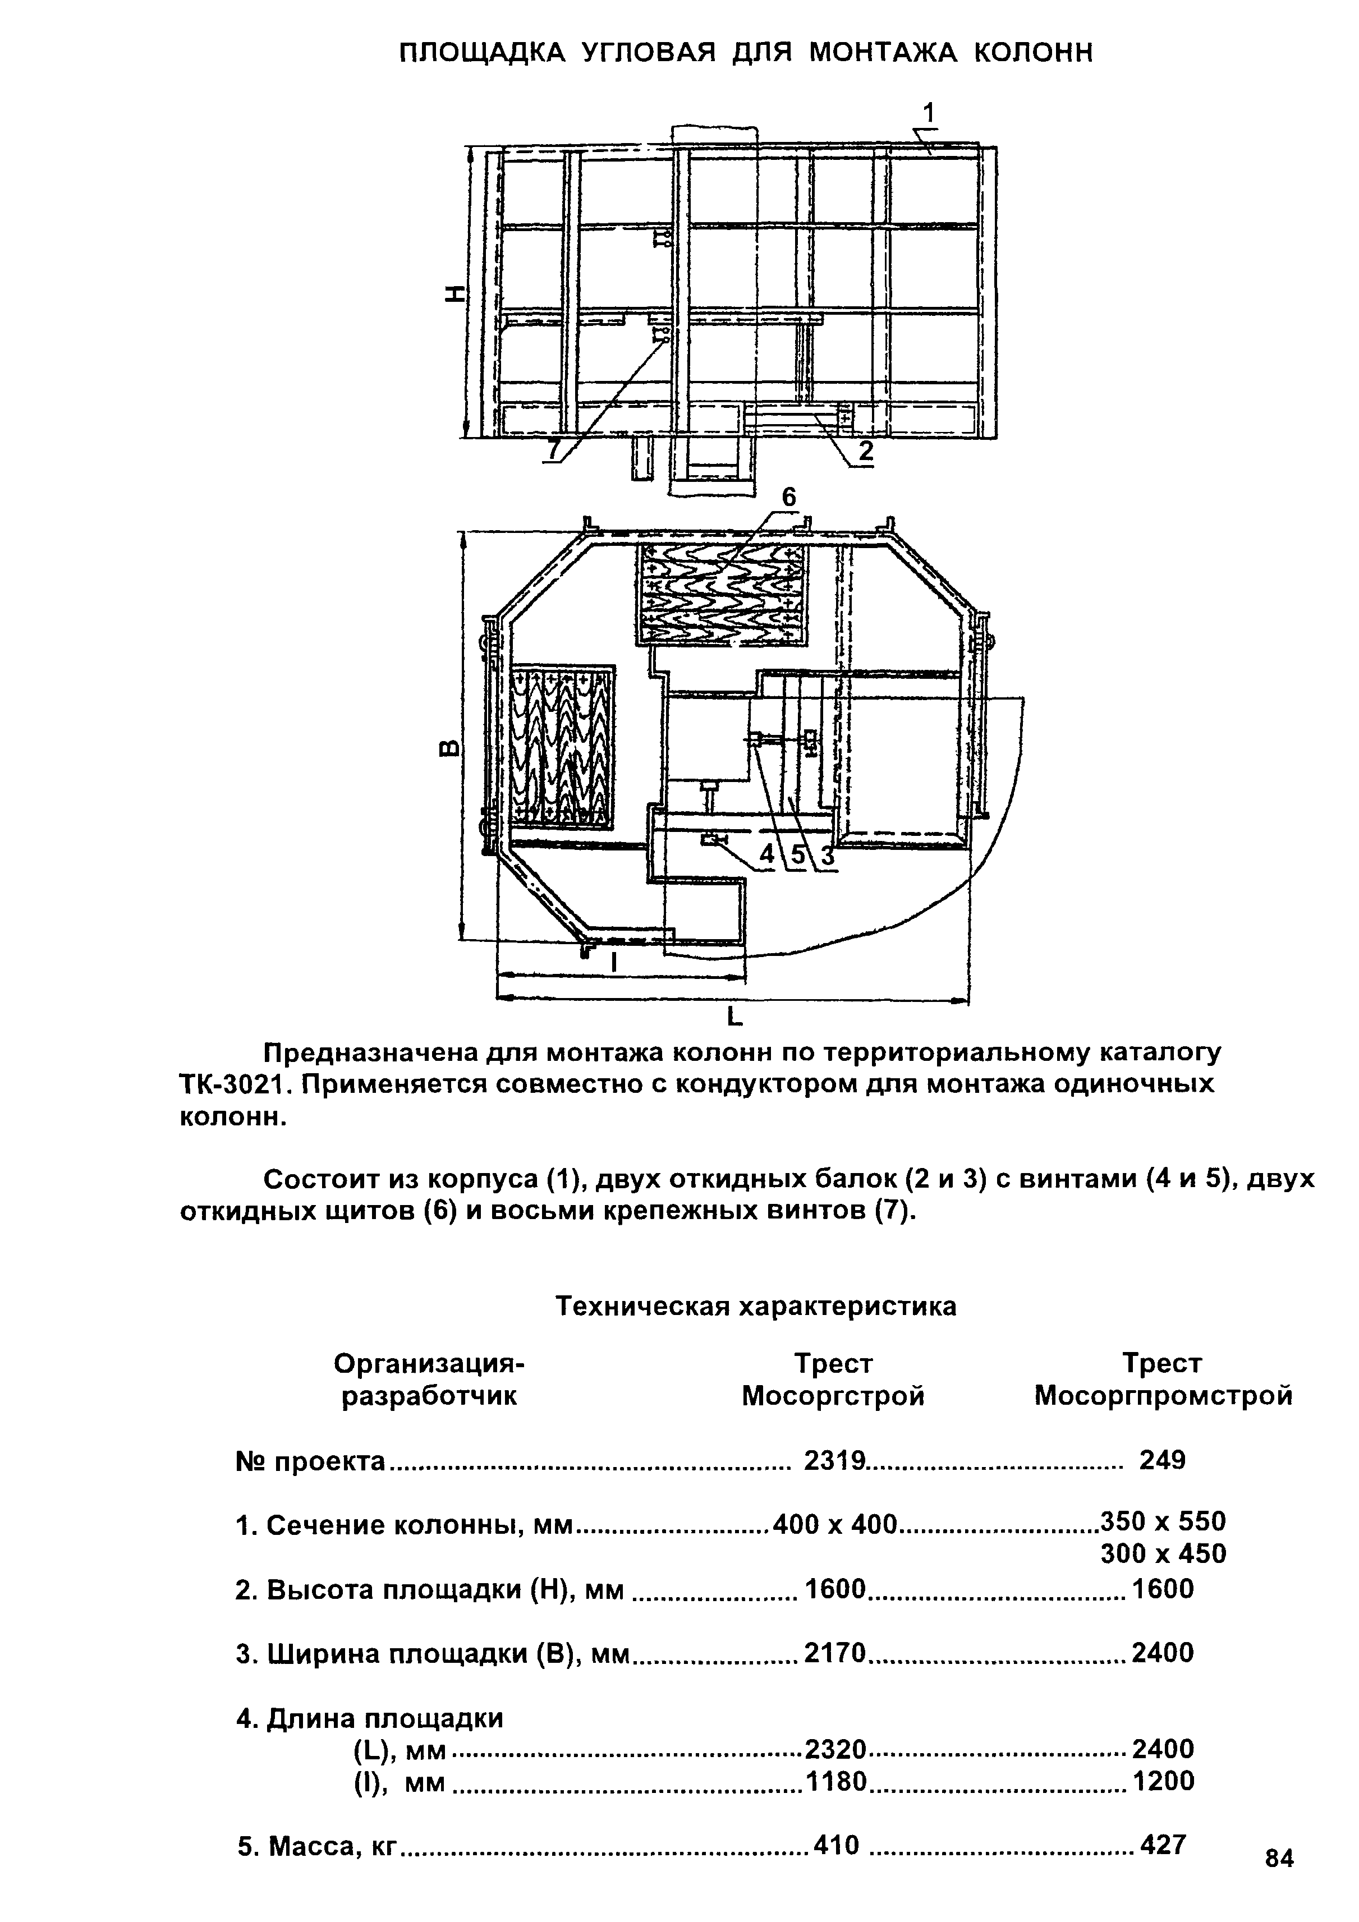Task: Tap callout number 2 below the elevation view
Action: (865, 452)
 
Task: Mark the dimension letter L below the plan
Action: (734, 1017)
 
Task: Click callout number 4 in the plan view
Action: (766, 854)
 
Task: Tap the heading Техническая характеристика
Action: (756, 1307)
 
